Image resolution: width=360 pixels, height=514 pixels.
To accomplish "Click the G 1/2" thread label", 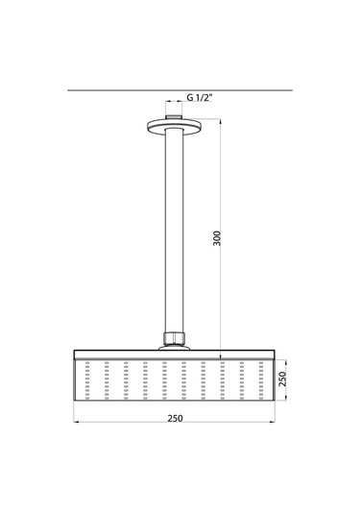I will pos(203,97).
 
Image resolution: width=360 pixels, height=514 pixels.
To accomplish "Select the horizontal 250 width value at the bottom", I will pos(174,417).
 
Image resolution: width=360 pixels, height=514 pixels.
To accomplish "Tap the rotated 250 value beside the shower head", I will pos(282,379).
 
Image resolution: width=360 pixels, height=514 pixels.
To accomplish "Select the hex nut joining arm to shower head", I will pos(174,338).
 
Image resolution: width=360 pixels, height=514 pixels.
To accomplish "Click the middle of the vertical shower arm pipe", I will pos(174,231).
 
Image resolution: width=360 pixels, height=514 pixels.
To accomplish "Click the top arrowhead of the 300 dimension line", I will pos(226,120).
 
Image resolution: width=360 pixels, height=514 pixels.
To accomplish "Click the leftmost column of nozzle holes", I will pos(87,379).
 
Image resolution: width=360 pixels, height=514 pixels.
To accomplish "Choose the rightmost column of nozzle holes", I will pos(261,379).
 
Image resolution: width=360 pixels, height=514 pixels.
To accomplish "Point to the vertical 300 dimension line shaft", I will pos(226,192).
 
